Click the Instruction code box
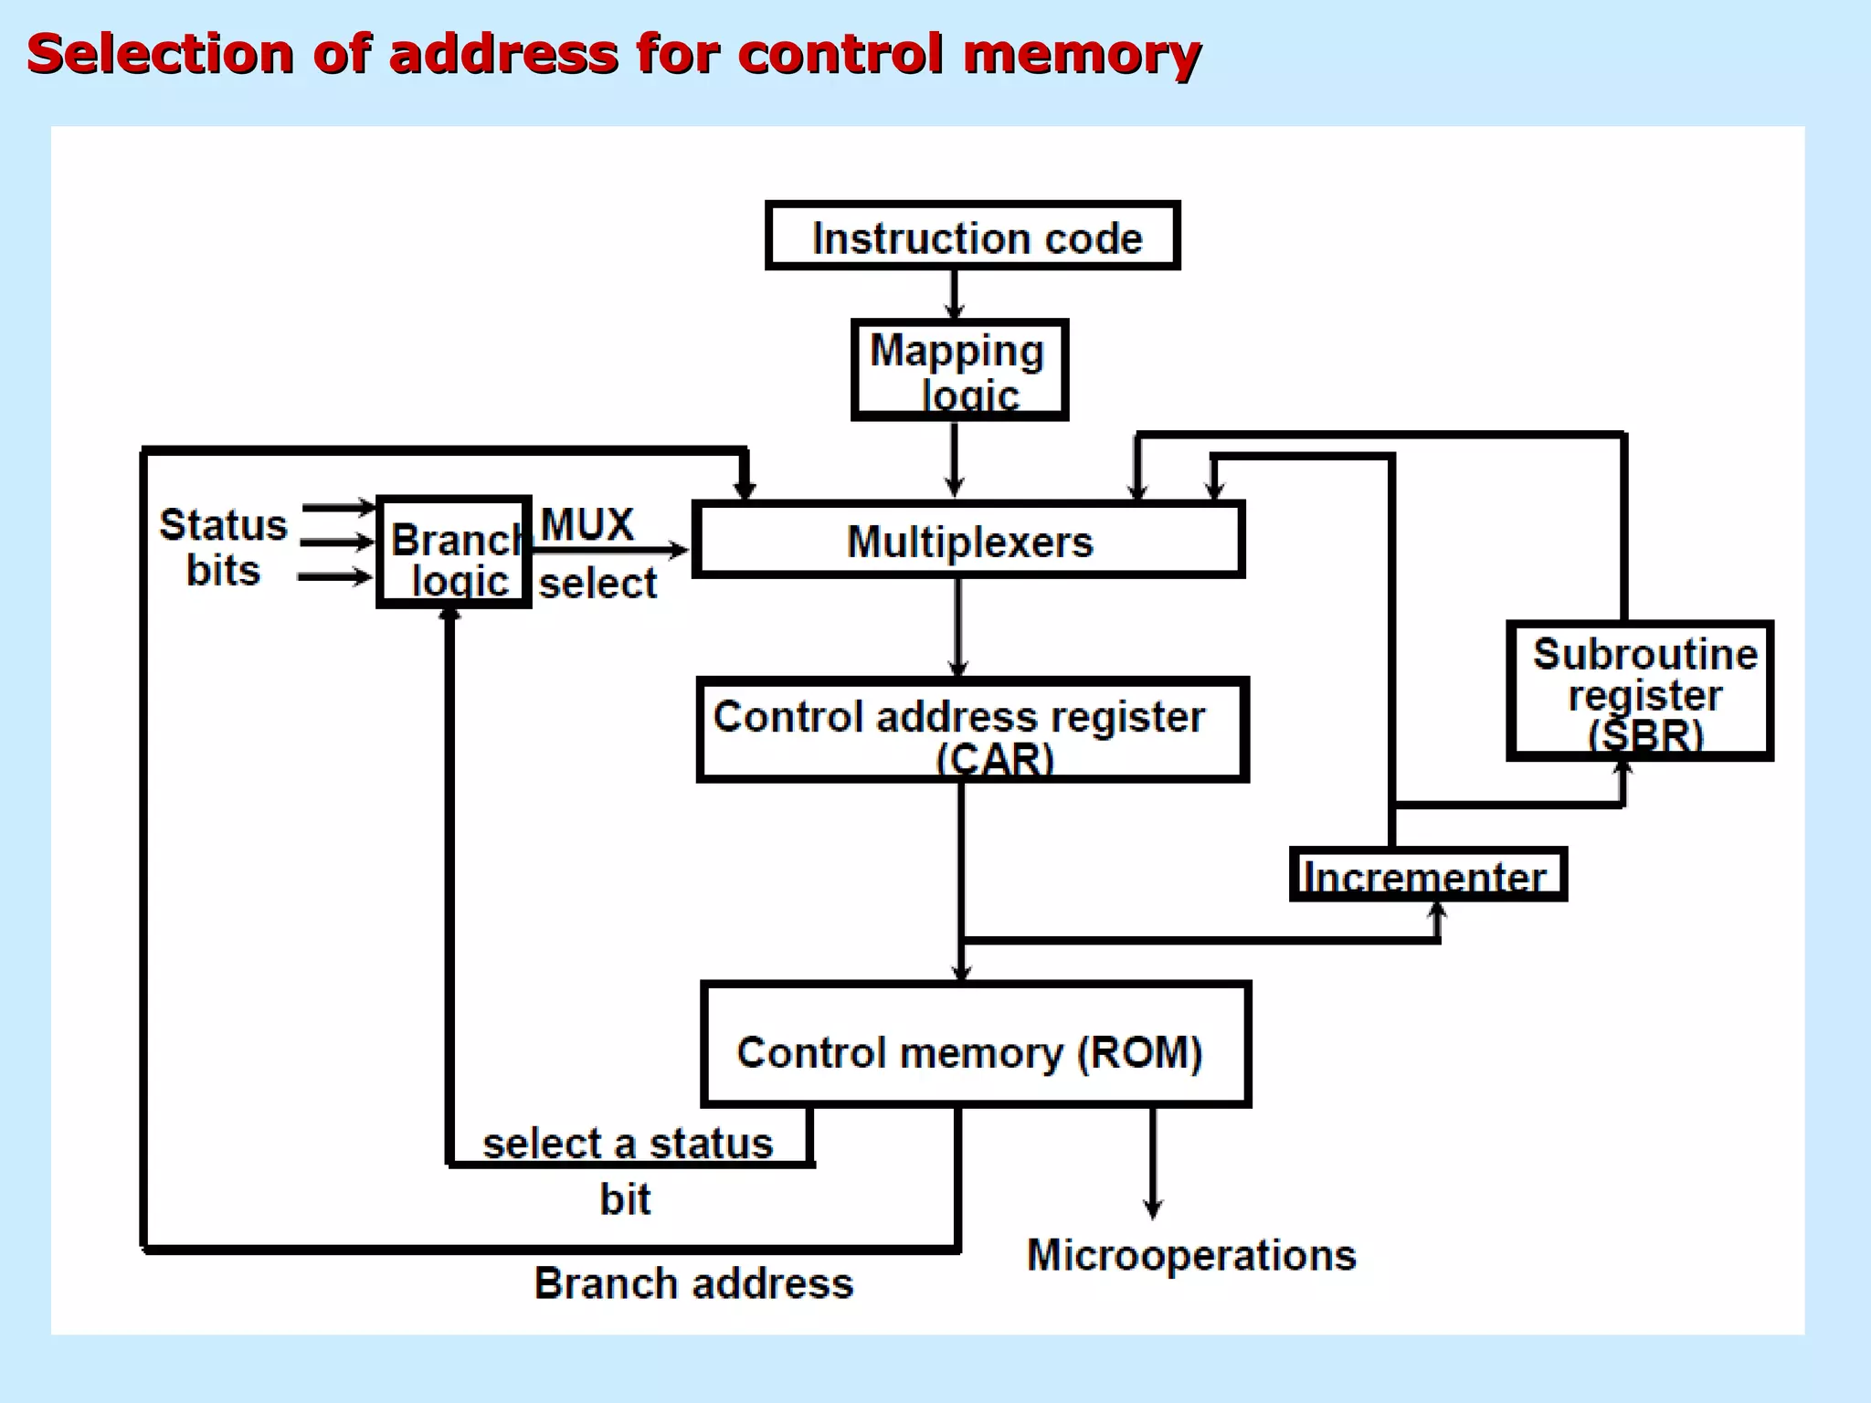pos(973,237)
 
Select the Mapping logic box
pos(959,370)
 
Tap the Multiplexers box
pos(968,541)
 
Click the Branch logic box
pos(454,553)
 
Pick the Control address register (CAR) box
pos(972,730)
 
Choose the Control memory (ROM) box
pos(975,1045)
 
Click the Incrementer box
pos(1428,875)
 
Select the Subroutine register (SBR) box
pos(1640,691)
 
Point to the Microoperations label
pos(1191,1255)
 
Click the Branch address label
pos(693,1283)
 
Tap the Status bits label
pos(223,547)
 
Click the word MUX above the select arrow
pos(587,524)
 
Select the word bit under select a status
pos(625,1199)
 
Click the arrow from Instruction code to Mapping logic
pos(955,293)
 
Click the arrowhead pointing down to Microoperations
pos(1153,1208)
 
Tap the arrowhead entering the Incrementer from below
pos(1437,912)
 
